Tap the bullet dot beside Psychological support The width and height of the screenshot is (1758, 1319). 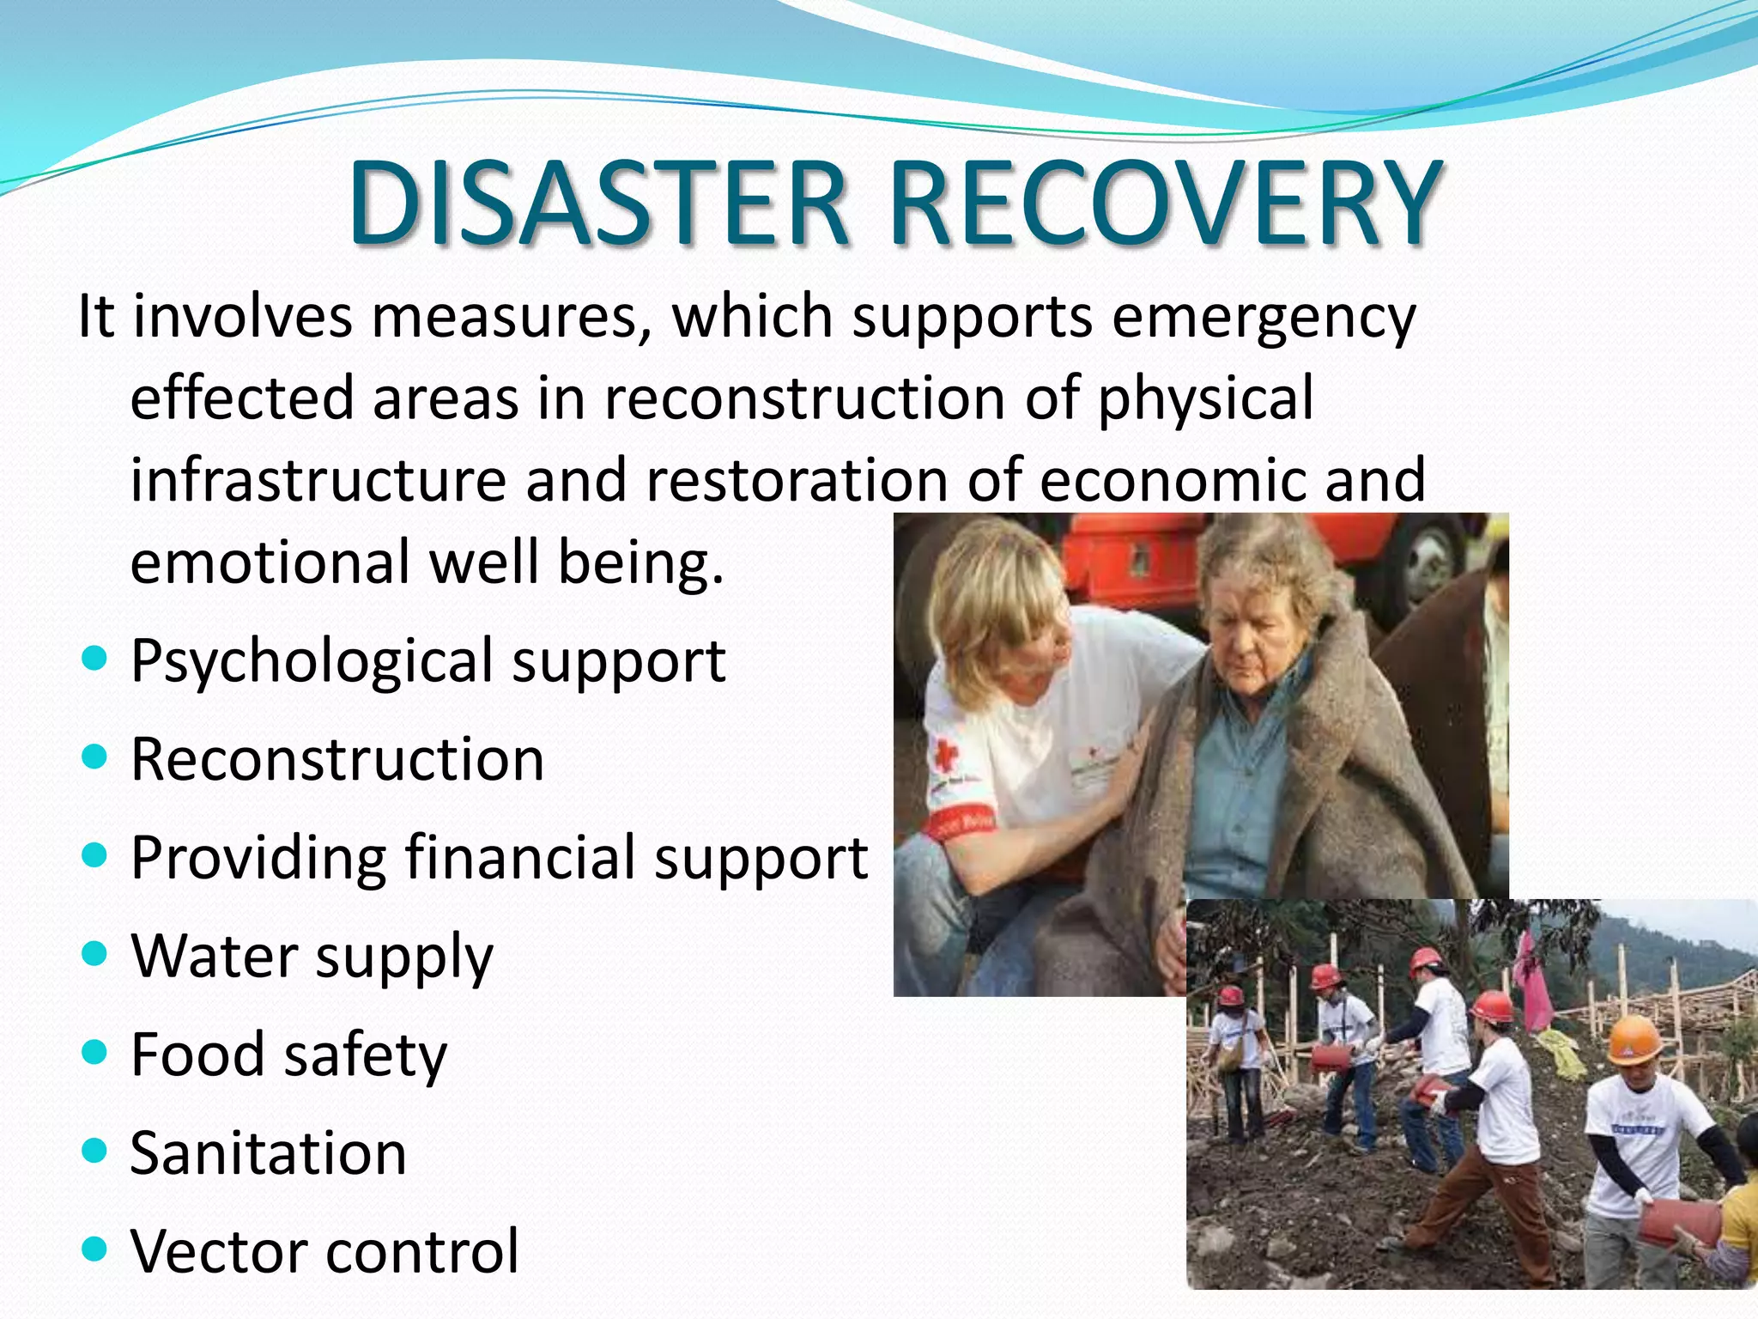(94, 659)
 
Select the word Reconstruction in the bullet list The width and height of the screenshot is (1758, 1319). (337, 759)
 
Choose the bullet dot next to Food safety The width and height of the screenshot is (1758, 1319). (94, 1052)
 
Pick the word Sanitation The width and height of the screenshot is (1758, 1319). (268, 1152)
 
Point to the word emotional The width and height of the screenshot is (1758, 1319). (270, 562)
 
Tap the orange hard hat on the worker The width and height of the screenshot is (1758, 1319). (1634, 1040)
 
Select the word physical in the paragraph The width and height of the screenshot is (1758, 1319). (1205, 398)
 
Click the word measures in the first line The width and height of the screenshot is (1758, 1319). (511, 316)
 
